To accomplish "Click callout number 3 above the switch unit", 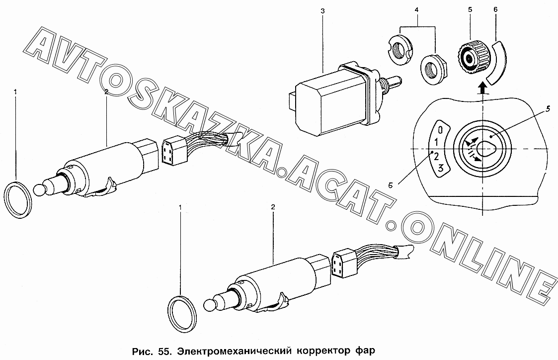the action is point(322,11).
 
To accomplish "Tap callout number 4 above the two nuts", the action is point(417,10).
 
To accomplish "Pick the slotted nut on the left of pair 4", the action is point(399,50).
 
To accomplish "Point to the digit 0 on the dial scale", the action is point(440,129).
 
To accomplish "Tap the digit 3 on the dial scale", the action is point(440,168).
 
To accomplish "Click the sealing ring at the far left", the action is point(18,200).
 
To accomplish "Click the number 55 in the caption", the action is point(163,351).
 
